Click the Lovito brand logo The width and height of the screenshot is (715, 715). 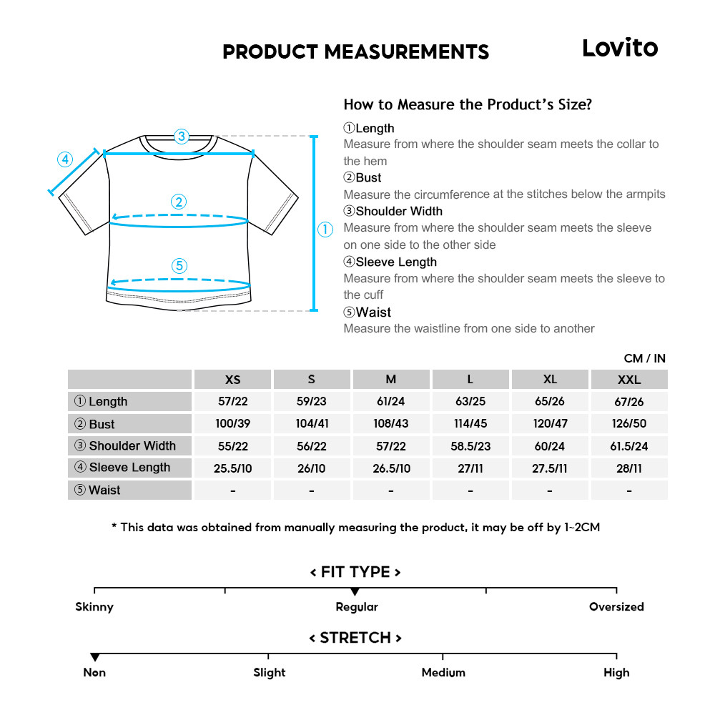(619, 48)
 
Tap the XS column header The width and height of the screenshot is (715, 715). (232, 380)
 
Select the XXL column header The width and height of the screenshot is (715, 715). (628, 380)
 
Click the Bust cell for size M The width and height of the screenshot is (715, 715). (391, 423)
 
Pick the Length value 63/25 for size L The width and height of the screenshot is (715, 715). (470, 402)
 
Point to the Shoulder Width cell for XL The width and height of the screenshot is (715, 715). (549, 446)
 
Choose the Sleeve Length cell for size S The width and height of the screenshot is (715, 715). (312, 468)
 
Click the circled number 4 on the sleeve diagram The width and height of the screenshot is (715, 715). (65, 159)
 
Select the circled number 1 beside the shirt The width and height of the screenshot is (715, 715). (325, 230)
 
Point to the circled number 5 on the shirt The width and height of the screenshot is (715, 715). (179, 266)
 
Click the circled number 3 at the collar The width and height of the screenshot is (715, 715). (182, 136)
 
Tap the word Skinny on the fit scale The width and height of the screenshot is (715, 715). (94, 607)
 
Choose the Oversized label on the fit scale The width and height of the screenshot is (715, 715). (616, 607)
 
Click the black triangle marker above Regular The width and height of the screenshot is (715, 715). (355, 592)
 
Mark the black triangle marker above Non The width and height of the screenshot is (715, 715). (94, 657)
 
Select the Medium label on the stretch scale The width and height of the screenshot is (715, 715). (443, 673)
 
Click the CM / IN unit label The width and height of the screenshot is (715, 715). (644, 358)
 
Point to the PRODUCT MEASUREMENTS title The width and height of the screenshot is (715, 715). (355, 52)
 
